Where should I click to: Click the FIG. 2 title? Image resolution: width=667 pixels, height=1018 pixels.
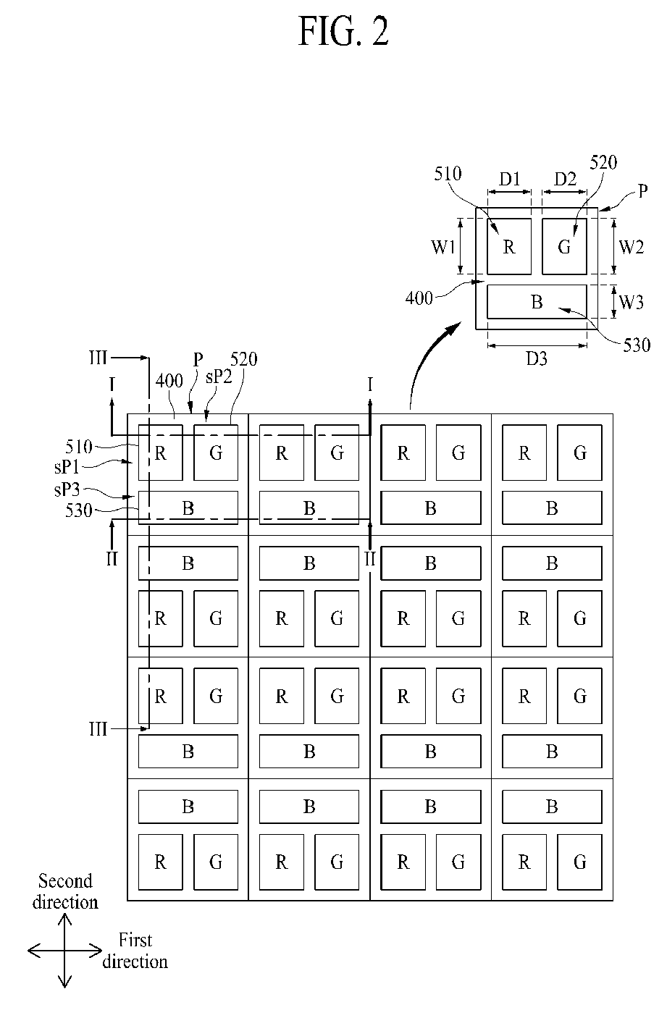click(343, 31)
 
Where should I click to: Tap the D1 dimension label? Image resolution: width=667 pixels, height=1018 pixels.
click(509, 179)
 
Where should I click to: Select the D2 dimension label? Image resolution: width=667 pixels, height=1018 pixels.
click(565, 179)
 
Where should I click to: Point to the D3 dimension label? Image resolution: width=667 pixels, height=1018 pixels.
click(537, 359)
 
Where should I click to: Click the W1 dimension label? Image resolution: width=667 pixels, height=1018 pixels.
click(442, 247)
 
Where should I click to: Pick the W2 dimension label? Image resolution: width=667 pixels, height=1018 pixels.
click(632, 247)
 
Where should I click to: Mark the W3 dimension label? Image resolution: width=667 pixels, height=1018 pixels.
click(632, 302)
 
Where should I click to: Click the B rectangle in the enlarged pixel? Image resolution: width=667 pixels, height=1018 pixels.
click(537, 302)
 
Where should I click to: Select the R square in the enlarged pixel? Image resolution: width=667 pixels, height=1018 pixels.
click(509, 247)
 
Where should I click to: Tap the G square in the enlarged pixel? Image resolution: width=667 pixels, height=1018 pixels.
click(564, 247)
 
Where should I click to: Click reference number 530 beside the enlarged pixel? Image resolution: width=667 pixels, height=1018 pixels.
click(637, 345)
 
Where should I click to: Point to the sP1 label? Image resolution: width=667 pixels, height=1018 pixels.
click(67, 467)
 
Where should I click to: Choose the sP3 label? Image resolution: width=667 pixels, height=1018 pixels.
click(67, 489)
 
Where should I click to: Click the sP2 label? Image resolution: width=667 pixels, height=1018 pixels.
click(219, 377)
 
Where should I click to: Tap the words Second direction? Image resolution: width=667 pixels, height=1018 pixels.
click(65, 891)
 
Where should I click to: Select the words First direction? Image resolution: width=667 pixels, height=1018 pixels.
click(135, 951)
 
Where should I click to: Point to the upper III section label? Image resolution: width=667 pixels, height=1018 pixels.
click(98, 358)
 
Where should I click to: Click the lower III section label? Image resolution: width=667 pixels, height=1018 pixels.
click(98, 729)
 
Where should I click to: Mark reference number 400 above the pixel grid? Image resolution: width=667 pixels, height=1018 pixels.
click(169, 381)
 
